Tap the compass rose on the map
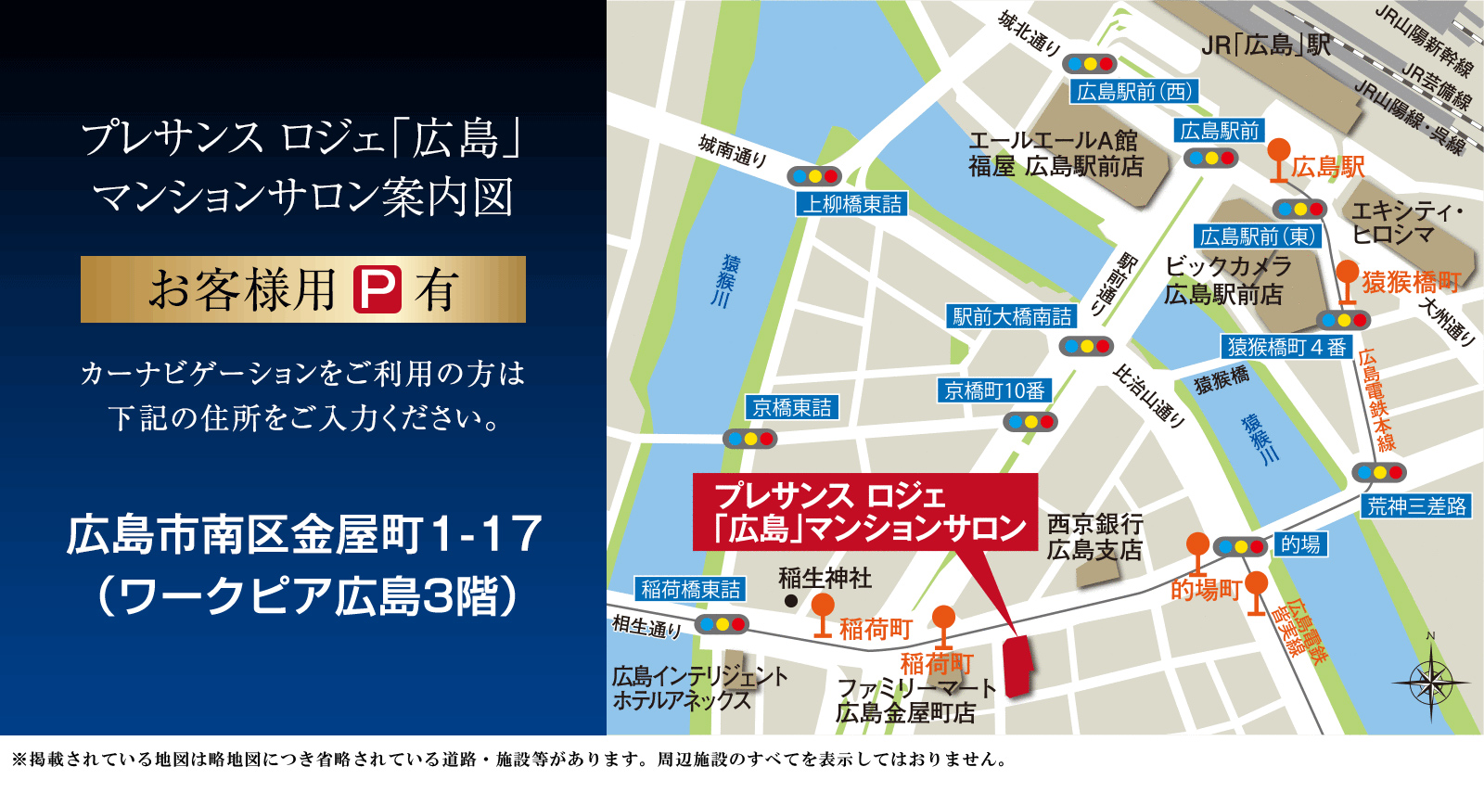[x=1431, y=684]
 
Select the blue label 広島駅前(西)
[x=1133, y=92]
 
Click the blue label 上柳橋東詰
[x=851, y=204]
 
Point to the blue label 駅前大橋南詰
[x=1012, y=317]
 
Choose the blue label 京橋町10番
[x=994, y=391]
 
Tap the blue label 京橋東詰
[x=792, y=407]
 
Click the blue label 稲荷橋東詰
[x=691, y=589]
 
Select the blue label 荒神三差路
[x=1416, y=506]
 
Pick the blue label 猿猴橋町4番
[x=1286, y=347]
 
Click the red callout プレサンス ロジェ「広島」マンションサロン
[x=865, y=512]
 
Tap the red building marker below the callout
[x=1019, y=664]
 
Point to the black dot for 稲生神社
[x=791, y=601]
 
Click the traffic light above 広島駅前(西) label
[x=1091, y=64]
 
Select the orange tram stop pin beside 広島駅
[x=1279, y=155]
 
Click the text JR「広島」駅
[x=1265, y=45]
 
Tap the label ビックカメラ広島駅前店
[x=1226, y=280]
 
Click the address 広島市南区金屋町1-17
[x=304, y=535]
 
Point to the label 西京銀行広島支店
[x=1094, y=537]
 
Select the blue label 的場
[x=1300, y=544]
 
